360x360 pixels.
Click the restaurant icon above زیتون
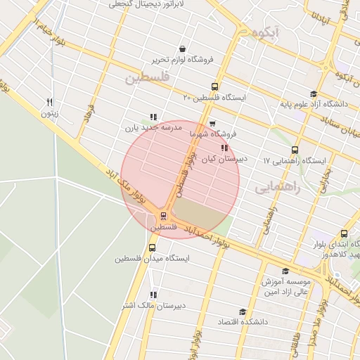click(x=49, y=102)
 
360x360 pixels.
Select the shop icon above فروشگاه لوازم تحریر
click(x=183, y=49)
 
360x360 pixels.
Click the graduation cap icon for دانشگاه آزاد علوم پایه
click(x=313, y=94)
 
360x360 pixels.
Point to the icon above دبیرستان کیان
click(x=224, y=148)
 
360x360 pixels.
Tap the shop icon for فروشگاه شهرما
click(x=212, y=124)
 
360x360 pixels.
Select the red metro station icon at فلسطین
click(x=163, y=216)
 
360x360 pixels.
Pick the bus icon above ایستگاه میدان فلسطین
click(x=153, y=247)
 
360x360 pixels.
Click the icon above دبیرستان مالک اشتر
click(x=153, y=295)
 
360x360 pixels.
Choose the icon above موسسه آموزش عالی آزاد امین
click(x=285, y=271)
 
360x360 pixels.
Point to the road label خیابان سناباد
click(x=330, y=131)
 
